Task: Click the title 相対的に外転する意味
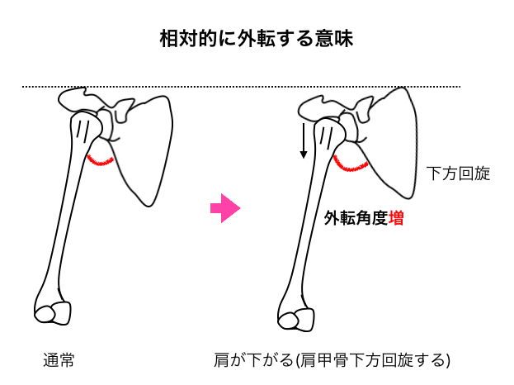pyautogui.click(x=257, y=38)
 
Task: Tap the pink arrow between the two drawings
pyautogui.click(x=224, y=208)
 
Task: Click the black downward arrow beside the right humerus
pyautogui.click(x=304, y=140)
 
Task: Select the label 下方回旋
pyautogui.click(x=458, y=174)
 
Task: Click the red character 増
pyautogui.click(x=395, y=218)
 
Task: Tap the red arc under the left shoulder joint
pyautogui.click(x=101, y=160)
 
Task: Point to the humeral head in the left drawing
pyautogui.click(x=85, y=126)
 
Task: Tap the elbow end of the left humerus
pyautogui.click(x=51, y=310)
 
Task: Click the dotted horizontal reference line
pyautogui.click(x=239, y=86)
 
